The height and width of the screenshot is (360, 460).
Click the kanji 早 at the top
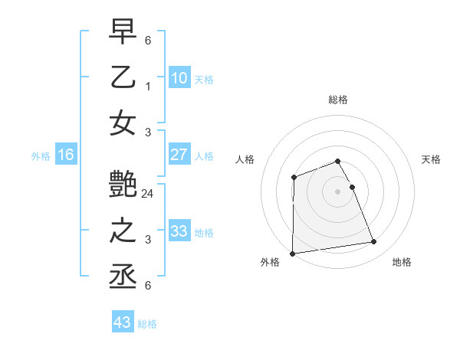(123, 31)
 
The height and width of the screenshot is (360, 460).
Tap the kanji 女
(123, 123)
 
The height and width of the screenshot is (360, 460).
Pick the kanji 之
(123, 231)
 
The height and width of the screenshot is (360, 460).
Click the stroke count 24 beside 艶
(148, 193)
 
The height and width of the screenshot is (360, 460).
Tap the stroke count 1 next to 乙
(148, 86)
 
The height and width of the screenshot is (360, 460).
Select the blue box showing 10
(179, 77)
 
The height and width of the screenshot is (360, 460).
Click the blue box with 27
(179, 155)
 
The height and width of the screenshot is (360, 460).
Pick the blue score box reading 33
(179, 231)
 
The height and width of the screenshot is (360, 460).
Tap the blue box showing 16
(65, 155)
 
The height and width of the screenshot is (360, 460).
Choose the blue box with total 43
(122, 322)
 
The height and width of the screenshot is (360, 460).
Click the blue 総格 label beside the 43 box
(147, 324)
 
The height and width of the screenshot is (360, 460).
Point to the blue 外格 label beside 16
(41, 156)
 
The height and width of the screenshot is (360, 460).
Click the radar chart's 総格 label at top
(338, 100)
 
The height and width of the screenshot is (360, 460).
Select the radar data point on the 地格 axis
(374, 242)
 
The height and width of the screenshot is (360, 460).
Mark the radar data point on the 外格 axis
(292, 254)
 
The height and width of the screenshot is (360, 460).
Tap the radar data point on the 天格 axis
(352, 187)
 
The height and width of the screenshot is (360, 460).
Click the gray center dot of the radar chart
(338, 191)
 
